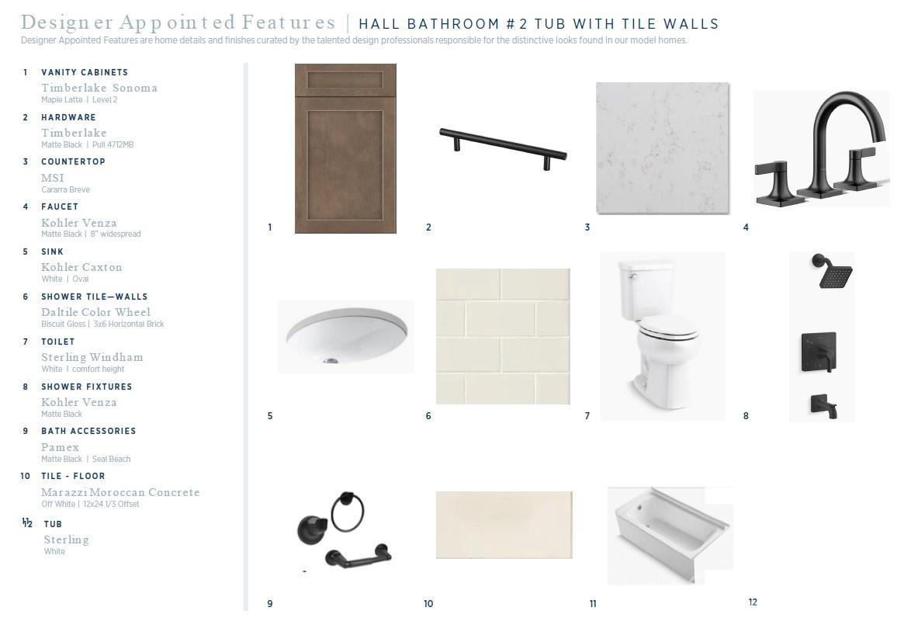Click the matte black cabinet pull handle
coord(503,147)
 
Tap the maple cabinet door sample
coord(345,148)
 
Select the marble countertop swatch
coord(663,148)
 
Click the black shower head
coord(833,271)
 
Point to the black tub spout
coord(823,405)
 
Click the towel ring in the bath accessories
coord(348,512)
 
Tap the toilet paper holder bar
coord(358,557)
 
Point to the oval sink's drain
coord(331,361)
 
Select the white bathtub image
coord(670,536)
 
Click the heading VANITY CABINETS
coord(85,72)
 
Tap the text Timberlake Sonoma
coord(99,88)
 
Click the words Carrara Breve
coord(66,189)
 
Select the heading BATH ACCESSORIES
coord(88,431)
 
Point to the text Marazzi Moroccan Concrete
coord(120,492)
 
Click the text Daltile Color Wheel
coord(95,312)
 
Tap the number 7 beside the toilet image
coord(587,416)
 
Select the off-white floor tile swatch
coord(504,525)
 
